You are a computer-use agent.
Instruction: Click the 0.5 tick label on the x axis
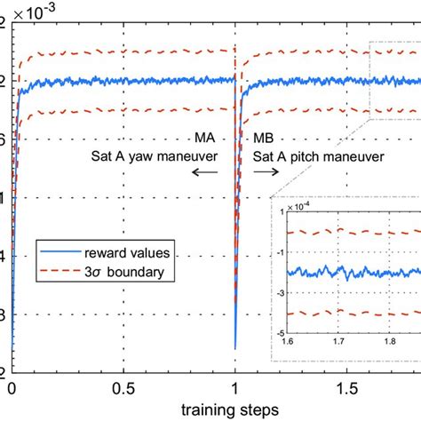point(123,388)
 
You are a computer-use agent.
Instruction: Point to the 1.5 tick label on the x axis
point(347,388)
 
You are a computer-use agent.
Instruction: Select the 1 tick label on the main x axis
point(235,388)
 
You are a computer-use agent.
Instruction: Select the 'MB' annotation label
point(264,139)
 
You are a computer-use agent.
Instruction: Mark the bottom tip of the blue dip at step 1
point(235,348)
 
